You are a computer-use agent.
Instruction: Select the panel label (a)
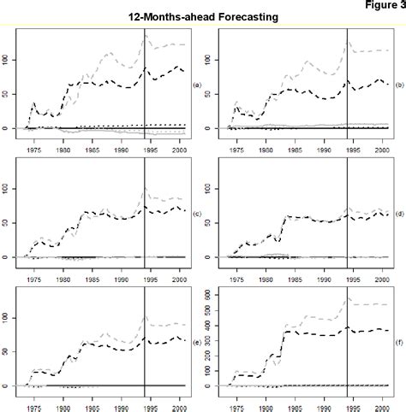(x=197, y=85)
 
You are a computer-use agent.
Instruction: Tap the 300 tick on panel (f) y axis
(x=212, y=340)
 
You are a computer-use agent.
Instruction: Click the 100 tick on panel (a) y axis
(x=9, y=59)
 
